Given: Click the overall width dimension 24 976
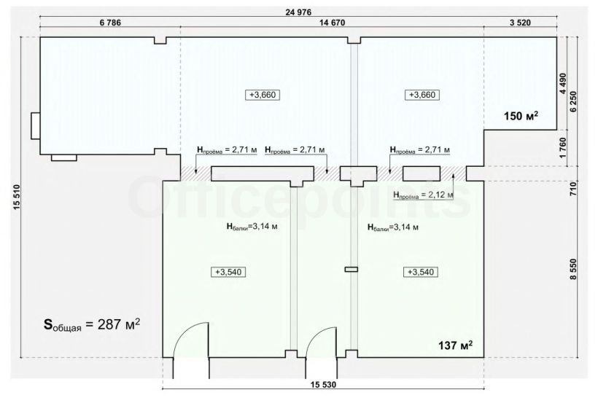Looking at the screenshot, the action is (x=298, y=12).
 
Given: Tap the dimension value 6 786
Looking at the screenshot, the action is (x=110, y=23).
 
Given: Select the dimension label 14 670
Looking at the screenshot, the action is (x=332, y=23).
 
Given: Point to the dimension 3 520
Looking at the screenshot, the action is (x=520, y=23).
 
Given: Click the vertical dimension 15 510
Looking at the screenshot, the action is (x=16, y=197).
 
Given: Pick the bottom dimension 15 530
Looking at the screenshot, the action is (x=323, y=385).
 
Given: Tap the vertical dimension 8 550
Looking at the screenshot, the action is (x=573, y=270).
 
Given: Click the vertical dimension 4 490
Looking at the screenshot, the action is (x=563, y=83).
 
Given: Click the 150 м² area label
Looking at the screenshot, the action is (x=521, y=116).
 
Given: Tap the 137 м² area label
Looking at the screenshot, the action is (x=455, y=345).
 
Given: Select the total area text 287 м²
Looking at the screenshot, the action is (x=119, y=324).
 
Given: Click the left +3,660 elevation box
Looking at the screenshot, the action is (x=263, y=95).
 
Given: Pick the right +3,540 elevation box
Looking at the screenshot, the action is (x=421, y=272).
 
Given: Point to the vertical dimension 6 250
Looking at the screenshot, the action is (x=573, y=101).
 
